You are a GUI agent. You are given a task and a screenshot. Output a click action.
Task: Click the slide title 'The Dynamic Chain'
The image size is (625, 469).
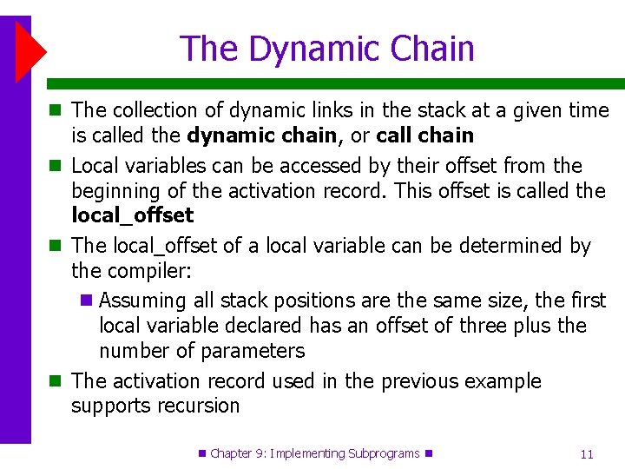click(x=327, y=49)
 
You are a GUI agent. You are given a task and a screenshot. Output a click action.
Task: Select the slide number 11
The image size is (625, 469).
click(x=587, y=454)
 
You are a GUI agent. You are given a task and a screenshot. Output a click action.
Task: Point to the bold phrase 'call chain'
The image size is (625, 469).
click(x=424, y=135)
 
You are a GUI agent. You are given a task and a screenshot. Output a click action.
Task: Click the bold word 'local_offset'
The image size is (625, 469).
click(x=132, y=215)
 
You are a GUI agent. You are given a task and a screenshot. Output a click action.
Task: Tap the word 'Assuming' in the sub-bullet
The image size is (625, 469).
click(x=142, y=301)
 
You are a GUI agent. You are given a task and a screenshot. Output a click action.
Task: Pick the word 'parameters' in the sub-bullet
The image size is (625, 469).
click(x=252, y=351)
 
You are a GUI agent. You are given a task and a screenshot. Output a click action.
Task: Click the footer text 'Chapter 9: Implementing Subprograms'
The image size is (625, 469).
click(x=315, y=453)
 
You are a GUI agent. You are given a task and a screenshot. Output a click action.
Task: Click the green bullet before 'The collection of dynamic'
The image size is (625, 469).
click(x=55, y=110)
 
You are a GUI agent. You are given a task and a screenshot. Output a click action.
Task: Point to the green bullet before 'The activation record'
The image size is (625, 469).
click(x=55, y=381)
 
